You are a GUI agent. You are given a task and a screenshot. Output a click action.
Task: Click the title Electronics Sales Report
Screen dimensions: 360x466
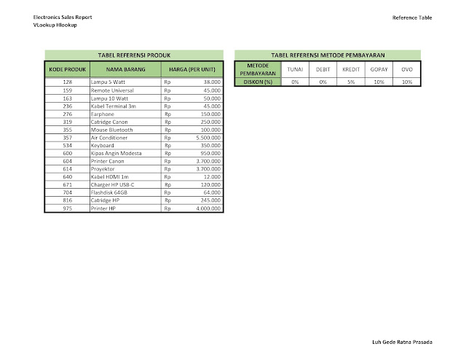tap(62, 17)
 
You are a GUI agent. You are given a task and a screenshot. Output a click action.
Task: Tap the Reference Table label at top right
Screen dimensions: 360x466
tap(412, 17)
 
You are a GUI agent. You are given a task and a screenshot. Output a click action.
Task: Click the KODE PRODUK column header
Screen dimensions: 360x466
tap(67, 69)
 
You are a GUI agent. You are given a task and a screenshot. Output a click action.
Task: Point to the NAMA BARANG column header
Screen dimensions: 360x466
tap(124, 69)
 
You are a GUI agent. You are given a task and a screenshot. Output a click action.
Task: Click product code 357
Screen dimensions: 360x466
tap(67, 138)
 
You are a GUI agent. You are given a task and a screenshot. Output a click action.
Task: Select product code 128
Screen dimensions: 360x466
tap(67, 82)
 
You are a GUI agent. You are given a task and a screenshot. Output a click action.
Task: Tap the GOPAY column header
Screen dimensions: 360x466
tap(379, 69)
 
